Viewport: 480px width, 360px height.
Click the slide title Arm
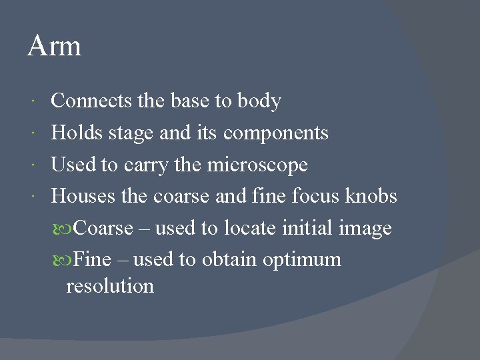pyautogui.click(x=54, y=46)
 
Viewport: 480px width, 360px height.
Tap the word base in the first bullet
pyautogui.click(x=190, y=101)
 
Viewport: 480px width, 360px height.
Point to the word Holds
pyautogui.click(x=75, y=133)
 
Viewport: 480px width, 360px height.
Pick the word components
pyautogui.click(x=276, y=134)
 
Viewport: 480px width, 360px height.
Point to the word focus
pyautogui.click(x=316, y=196)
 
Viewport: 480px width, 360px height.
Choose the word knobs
pyautogui.click(x=371, y=196)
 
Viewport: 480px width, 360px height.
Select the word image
pyautogui.click(x=365, y=229)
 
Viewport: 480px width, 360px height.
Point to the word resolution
pyautogui.click(x=110, y=286)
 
